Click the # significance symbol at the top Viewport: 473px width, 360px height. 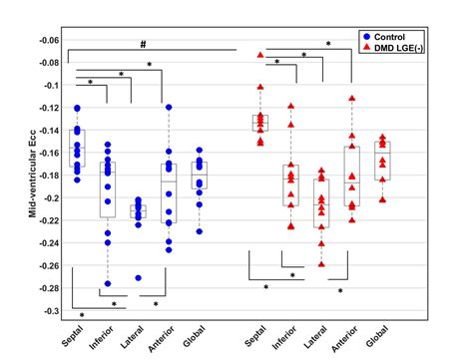coord(144,43)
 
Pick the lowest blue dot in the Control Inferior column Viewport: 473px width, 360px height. coord(108,284)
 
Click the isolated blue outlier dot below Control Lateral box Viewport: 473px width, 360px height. coord(139,277)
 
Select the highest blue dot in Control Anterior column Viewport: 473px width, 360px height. coord(170,107)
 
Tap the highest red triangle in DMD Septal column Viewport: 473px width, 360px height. coord(261,55)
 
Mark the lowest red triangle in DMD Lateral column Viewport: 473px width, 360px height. coord(322,264)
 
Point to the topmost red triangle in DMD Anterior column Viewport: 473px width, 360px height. coord(352,99)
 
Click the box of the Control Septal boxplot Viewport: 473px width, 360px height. coord(78,148)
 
